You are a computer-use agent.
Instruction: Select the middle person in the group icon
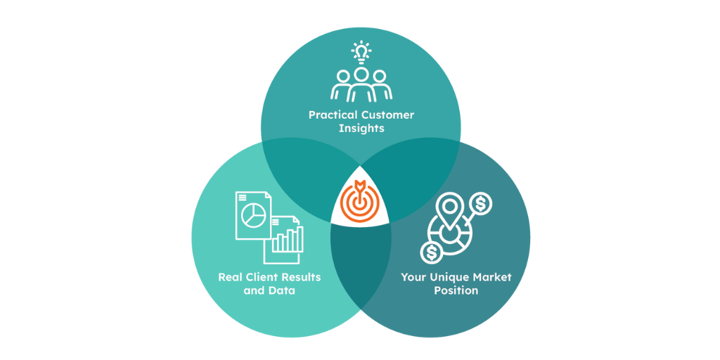(x=361, y=82)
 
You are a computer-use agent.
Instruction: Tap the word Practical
(x=333, y=115)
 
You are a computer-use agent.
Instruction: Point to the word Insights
(x=361, y=129)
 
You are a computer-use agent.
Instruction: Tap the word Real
(x=231, y=277)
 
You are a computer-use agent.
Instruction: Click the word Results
(x=301, y=277)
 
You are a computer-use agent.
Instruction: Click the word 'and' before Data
(x=254, y=290)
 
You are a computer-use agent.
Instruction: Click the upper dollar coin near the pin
(x=482, y=204)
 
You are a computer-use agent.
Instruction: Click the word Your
(x=413, y=277)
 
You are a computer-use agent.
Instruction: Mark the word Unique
(x=450, y=277)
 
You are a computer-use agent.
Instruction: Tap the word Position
(x=456, y=290)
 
